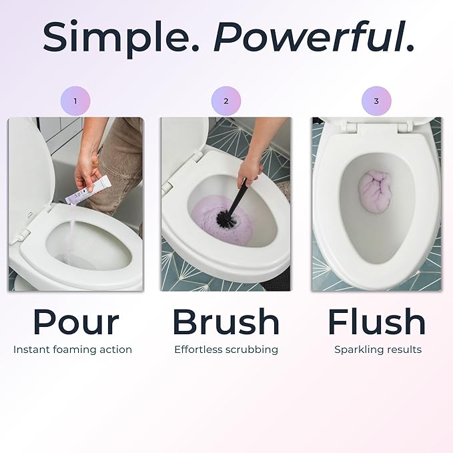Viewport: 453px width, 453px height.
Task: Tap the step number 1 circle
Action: click(x=75, y=101)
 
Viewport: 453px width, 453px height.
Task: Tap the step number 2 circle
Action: click(x=226, y=101)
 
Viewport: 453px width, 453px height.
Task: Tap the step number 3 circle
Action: click(x=376, y=101)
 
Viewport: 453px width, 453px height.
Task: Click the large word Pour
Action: click(x=75, y=322)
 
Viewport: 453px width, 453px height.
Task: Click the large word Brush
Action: click(x=226, y=322)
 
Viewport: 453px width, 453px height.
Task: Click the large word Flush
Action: click(x=376, y=322)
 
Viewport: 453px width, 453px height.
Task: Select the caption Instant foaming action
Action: click(x=73, y=350)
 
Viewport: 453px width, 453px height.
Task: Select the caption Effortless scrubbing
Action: click(x=226, y=350)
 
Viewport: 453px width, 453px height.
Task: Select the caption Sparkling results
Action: click(x=378, y=350)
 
